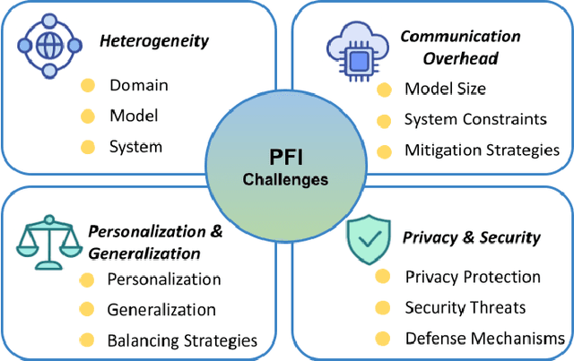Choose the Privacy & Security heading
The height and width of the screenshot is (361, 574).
pos(472,237)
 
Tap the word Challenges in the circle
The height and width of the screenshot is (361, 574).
pos(286,179)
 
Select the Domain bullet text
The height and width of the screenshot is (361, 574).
pos(139,86)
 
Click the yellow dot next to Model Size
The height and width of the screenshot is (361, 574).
pos(384,89)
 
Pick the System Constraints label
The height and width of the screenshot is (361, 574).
pos(474,119)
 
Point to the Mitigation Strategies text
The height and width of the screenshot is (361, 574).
pos(482,150)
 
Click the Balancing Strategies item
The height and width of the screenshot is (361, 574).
pos(182,340)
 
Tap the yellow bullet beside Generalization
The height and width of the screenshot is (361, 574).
pos(87,310)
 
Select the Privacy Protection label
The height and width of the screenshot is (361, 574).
pos(473,277)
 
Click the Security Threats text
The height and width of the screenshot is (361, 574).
pos(465,307)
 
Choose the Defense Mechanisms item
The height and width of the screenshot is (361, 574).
pos(484,338)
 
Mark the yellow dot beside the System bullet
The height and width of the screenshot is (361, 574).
pos(87,146)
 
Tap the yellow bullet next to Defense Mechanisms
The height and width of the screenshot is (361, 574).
pos(383,338)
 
